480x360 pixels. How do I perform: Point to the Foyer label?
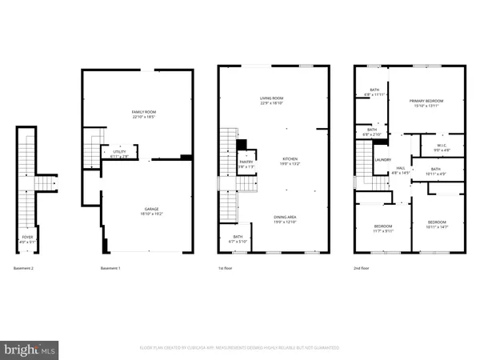point(28,237)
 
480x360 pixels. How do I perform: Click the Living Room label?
point(270,98)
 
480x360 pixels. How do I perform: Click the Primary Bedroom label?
point(426,100)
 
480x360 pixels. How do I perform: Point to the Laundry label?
point(382,160)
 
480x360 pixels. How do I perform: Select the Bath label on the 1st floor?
point(238,236)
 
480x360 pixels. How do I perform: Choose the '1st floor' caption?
point(226,268)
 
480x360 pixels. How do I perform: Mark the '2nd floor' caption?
point(362,268)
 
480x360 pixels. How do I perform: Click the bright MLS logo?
point(30,349)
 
